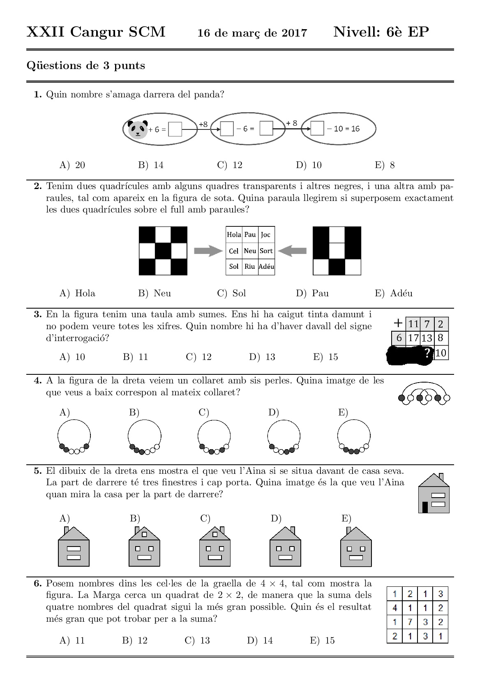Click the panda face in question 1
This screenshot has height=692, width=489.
click(x=138, y=129)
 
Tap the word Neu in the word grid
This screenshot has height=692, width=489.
click(x=250, y=251)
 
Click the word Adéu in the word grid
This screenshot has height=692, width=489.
click(x=266, y=266)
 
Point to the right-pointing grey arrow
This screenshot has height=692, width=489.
click(x=208, y=251)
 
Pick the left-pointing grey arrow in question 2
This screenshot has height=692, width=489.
click(x=292, y=251)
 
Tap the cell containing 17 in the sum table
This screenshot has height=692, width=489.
click(x=413, y=338)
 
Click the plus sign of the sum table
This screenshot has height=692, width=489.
click(x=398, y=323)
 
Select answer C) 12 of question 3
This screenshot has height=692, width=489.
click(x=199, y=357)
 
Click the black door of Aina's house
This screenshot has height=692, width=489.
click(x=425, y=507)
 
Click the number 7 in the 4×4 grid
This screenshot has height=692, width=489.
click(x=409, y=622)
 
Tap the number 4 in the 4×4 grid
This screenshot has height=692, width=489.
click(x=394, y=608)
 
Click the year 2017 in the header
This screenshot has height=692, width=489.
click(x=294, y=33)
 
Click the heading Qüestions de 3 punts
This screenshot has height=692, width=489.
click(x=85, y=66)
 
